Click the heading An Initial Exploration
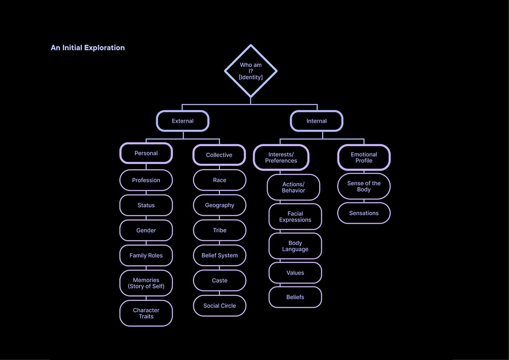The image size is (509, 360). tap(88, 47)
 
